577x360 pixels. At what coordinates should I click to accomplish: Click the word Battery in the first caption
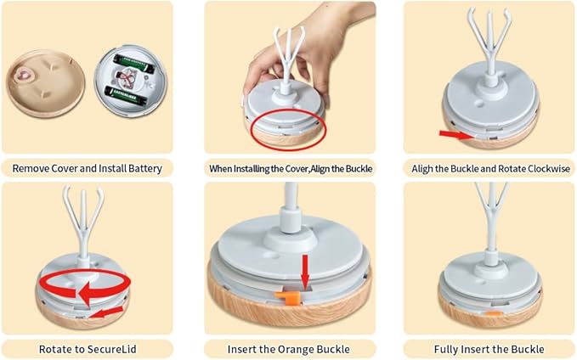(145, 169)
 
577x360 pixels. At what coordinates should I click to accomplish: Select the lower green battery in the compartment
(126, 96)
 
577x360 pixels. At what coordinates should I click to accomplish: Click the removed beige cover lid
(45, 83)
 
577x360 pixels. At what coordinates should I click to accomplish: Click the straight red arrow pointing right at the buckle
(456, 135)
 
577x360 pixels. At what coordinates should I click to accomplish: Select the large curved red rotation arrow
(85, 287)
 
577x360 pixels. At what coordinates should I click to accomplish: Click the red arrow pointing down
(305, 272)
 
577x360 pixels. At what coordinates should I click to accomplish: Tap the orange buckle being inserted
(288, 297)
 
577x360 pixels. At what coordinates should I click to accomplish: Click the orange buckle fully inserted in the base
(494, 314)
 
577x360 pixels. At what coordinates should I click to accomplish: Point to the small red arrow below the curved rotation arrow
(106, 312)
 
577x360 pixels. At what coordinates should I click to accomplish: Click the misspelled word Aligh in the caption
(422, 169)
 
